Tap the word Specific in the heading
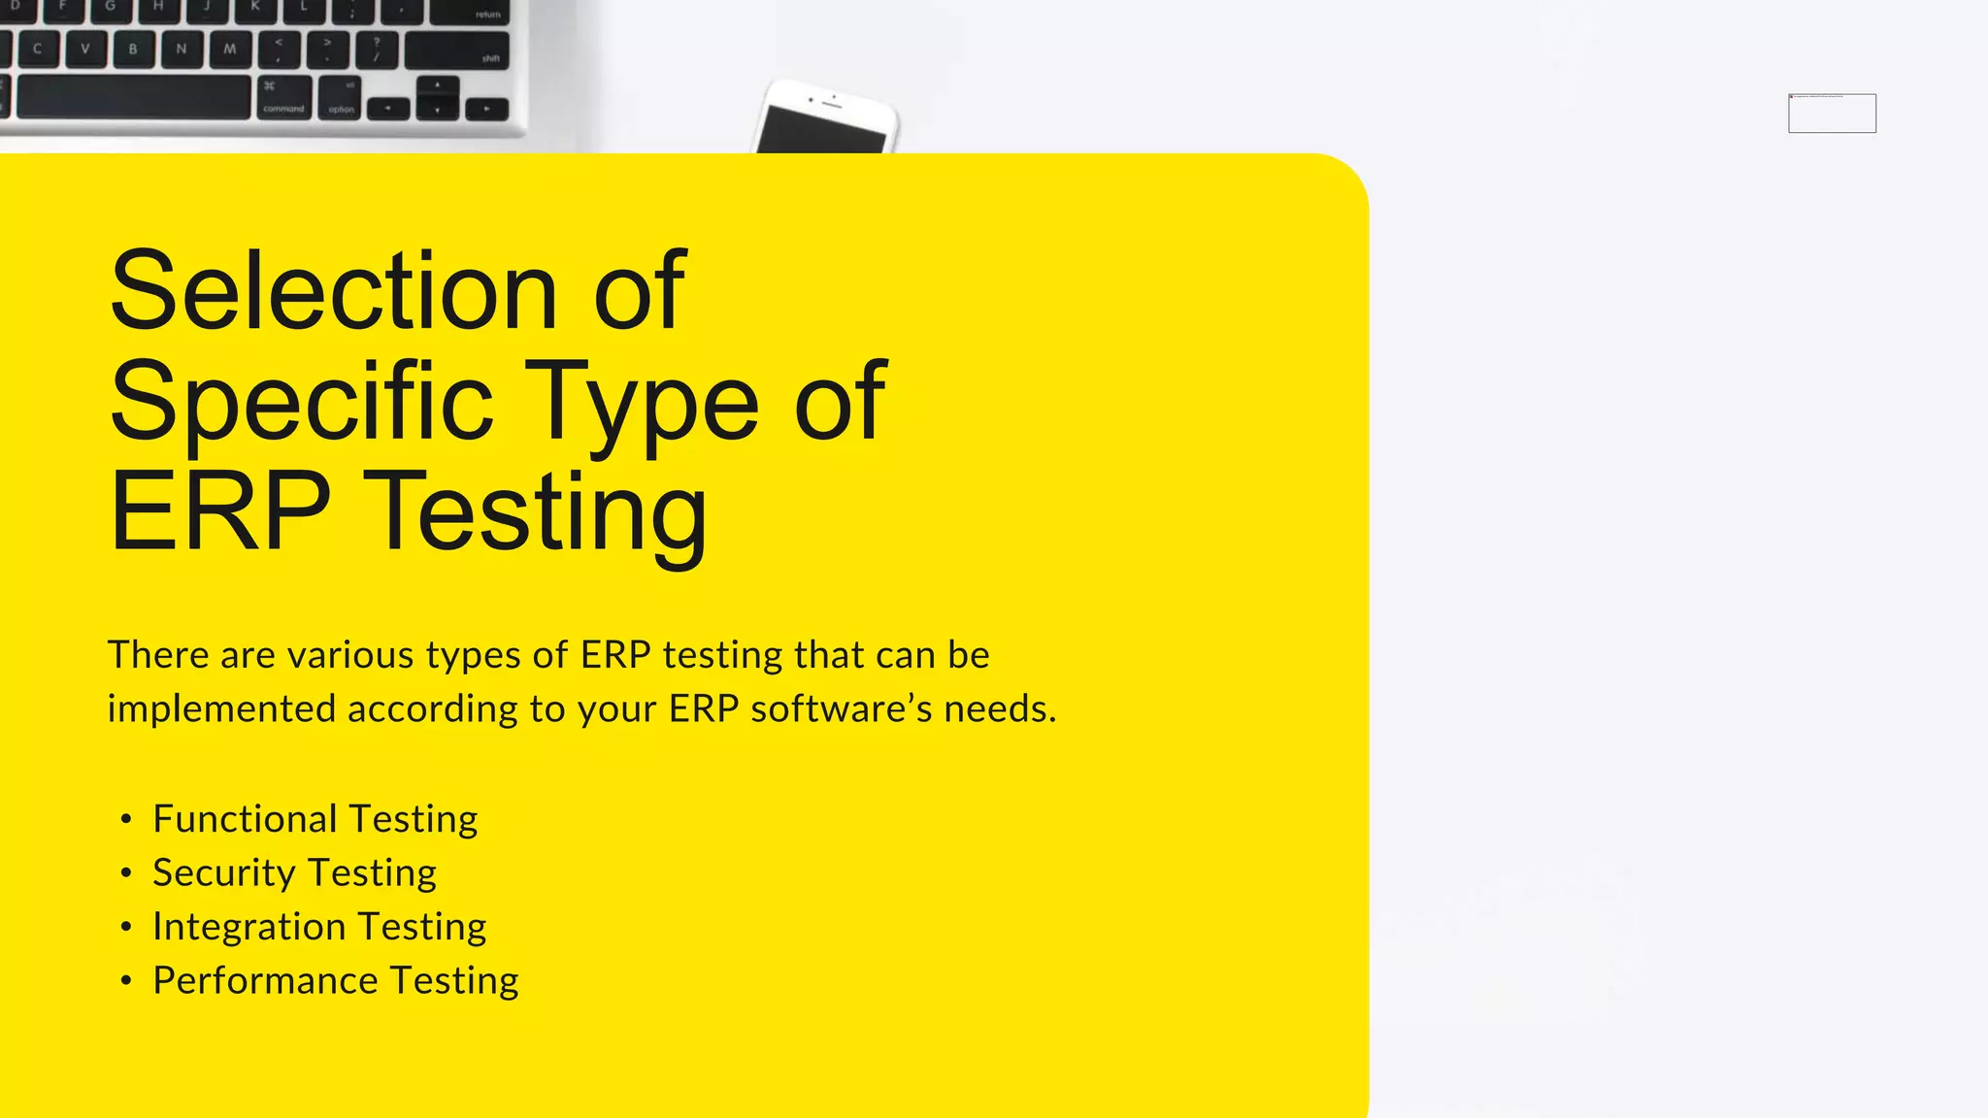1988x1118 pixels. point(302,401)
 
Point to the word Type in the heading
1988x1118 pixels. point(642,401)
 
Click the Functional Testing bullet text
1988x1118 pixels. point(315,819)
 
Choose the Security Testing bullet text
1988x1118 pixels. point(294,872)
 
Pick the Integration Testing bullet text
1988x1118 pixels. point(319,927)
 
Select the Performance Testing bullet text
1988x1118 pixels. point(335,980)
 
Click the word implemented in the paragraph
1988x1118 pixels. point(220,709)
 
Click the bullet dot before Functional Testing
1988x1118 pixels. point(126,820)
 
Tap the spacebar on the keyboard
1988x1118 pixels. point(133,98)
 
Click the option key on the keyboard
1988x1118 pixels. point(341,99)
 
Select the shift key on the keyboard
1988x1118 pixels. point(456,50)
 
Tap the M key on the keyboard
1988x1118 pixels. point(229,49)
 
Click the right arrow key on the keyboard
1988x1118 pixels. point(487,109)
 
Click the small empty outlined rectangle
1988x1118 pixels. point(1832,114)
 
